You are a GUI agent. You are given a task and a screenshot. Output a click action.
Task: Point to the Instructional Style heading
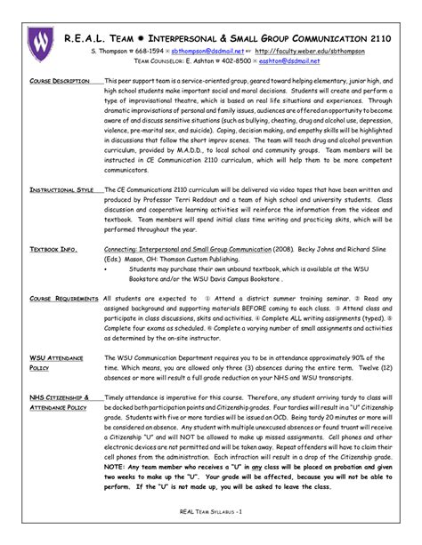pos(63,213)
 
